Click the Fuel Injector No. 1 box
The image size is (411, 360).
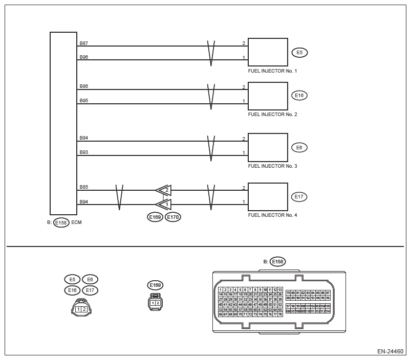pyautogui.click(x=268, y=52)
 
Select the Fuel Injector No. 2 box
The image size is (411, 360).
pyautogui.click(x=268, y=96)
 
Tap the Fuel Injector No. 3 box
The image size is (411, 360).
pyautogui.click(x=268, y=147)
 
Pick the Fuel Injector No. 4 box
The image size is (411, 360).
pyautogui.click(x=268, y=197)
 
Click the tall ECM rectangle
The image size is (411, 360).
pyautogui.click(x=63, y=123)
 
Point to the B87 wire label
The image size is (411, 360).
pyautogui.click(x=84, y=43)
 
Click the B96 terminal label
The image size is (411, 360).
pyautogui.click(x=84, y=57)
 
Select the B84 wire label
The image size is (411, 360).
pyautogui.click(x=84, y=138)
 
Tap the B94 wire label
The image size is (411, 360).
pyautogui.click(x=84, y=202)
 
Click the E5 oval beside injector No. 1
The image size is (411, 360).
pyautogui.click(x=299, y=52)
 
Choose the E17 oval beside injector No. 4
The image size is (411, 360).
pyautogui.click(x=299, y=196)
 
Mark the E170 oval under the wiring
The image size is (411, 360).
pyautogui.click(x=173, y=217)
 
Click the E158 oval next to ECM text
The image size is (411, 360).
pyautogui.click(x=61, y=222)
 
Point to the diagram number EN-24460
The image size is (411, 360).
pyautogui.click(x=391, y=352)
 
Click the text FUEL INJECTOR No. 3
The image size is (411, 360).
pyautogui.click(x=272, y=166)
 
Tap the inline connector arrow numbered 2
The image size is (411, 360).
pyautogui.click(x=164, y=190)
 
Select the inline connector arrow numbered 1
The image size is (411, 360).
pyautogui.click(x=164, y=205)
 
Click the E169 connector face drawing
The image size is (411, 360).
pyautogui.click(x=155, y=302)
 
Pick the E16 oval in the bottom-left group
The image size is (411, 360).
pyautogui.click(x=73, y=290)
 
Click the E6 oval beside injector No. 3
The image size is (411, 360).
pyautogui.click(x=299, y=147)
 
